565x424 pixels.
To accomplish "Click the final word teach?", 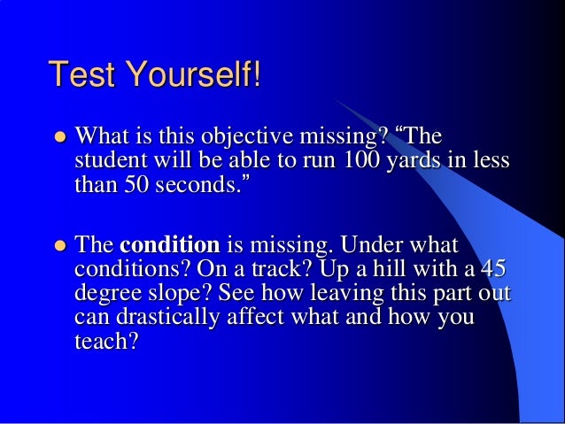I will point(101,341).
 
